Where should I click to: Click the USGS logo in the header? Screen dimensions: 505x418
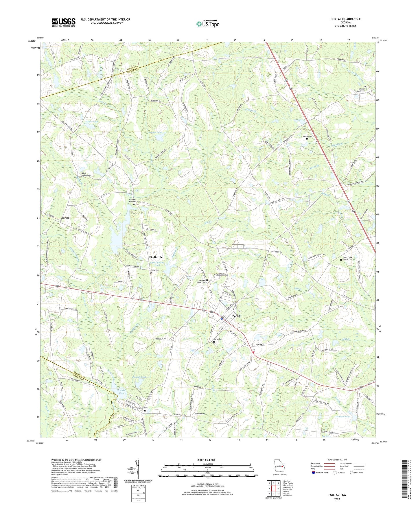click(64, 22)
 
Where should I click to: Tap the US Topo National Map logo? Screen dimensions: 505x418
click(207, 24)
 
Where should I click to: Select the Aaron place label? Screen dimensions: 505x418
click(65, 218)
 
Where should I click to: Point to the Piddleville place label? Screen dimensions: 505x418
click(156, 257)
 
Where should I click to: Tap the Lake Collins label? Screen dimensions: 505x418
click(123, 392)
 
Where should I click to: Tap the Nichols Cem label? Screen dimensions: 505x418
click(200, 414)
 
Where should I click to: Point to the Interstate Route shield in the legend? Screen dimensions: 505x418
click(314, 473)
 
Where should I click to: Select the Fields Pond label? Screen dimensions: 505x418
click(91, 122)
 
